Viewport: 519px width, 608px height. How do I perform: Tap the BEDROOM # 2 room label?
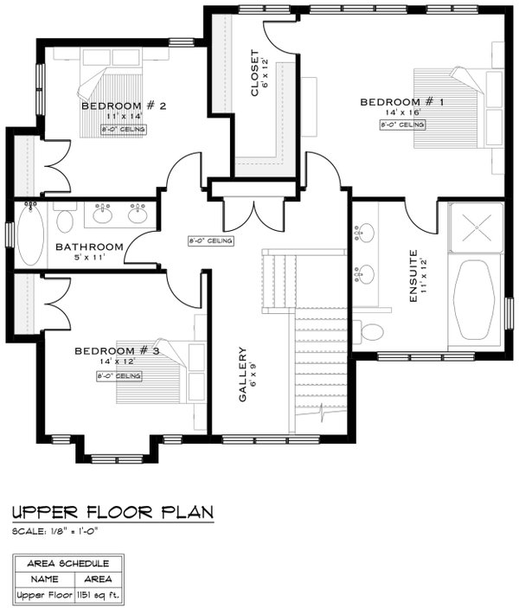coord(124,106)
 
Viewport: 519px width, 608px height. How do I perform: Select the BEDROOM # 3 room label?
coord(117,350)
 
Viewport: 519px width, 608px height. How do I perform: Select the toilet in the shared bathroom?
coord(66,220)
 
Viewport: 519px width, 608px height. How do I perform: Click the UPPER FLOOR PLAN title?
coord(112,513)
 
